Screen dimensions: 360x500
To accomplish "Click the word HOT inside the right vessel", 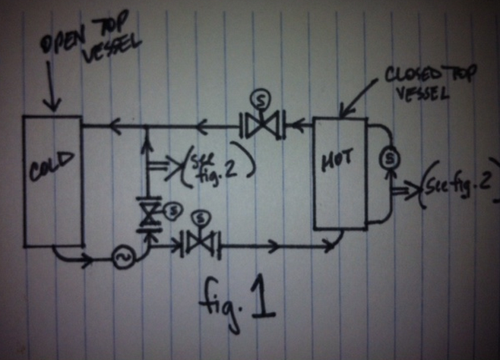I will (x=339, y=163).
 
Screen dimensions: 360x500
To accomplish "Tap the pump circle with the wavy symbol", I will (x=122, y=258).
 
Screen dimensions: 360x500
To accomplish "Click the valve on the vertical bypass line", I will (x=147, y=215).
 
